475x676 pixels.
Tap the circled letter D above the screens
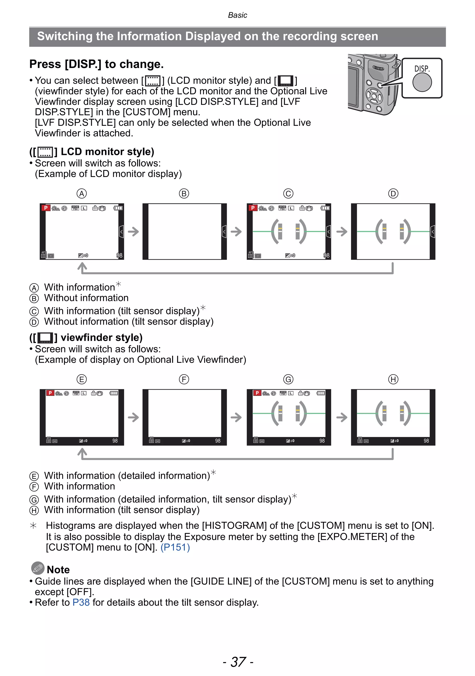point(393,193)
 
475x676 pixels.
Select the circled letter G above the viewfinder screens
point(288,379)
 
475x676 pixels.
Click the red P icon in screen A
point(46,208)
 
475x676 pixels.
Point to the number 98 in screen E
point(115,441)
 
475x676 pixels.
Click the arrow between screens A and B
point(133,232)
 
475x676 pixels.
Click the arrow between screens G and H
point(341,417)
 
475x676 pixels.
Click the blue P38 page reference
point(81,602)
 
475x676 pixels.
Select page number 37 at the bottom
point(238,662)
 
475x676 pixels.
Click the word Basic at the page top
point(237,15)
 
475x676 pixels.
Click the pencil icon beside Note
point(38,568)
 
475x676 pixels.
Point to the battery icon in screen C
point(325,208)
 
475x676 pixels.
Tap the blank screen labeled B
point(185,232)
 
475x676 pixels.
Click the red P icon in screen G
point(257,393)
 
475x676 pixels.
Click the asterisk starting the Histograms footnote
point(33,525)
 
